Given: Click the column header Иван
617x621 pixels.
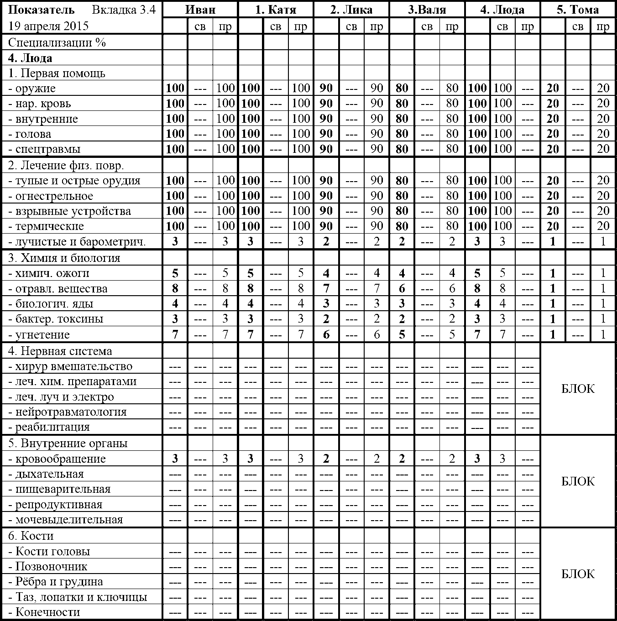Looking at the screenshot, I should point(200,10).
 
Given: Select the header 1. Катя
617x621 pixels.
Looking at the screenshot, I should point(276,10).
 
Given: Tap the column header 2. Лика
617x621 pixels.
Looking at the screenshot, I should point(351,10).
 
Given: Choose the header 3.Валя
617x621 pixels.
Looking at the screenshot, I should point(427,10).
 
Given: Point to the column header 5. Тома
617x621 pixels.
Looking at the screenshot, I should point(578,10).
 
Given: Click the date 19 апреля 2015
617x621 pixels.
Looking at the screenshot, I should point(48,26).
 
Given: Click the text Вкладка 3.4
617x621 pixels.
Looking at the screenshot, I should point(124,10).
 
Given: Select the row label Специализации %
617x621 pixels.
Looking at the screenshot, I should point(57,42).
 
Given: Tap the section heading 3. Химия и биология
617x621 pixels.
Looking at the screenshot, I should point(64,258).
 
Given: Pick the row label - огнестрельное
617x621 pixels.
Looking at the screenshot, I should point(51,196).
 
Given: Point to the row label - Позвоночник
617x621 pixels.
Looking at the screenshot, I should point(48,567).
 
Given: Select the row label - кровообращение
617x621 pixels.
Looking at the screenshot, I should point(57,459).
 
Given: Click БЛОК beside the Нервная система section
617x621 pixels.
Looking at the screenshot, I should point(578,389).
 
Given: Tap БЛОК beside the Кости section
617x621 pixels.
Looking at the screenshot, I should point(578,574).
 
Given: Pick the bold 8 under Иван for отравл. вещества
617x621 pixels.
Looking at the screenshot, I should point(175,289).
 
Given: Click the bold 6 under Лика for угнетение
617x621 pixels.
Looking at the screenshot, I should point(326,334).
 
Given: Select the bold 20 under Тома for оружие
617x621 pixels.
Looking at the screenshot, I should point(553,89).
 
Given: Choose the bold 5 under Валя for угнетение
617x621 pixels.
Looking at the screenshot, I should point(402,334).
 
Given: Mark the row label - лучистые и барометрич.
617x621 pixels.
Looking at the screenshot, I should point(77,242).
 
